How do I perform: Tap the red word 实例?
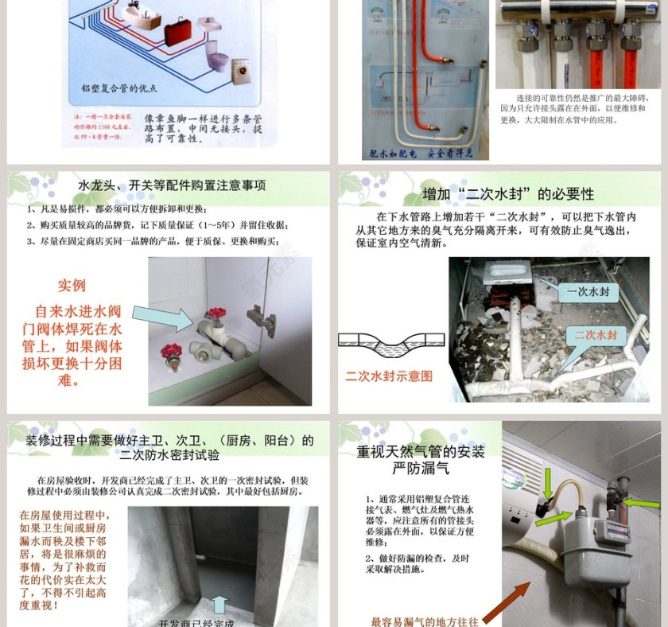[x=72, y=285]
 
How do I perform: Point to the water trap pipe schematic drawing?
[x=390, y=345]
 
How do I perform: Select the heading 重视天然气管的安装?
[x=421, y=451]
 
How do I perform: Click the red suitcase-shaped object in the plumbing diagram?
[x=178, y=33]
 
